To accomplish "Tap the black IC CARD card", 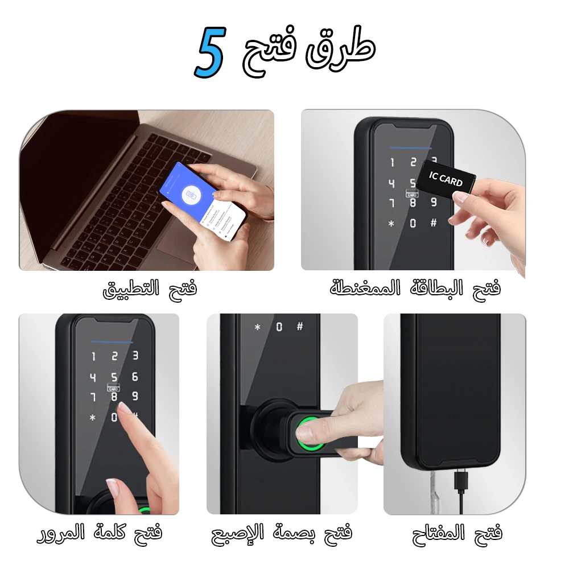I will tap(446, 180).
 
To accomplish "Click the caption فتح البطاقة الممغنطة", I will tap(415, 288).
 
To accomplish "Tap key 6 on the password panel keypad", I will tap(135, 377).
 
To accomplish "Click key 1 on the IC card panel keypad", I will tap(392, 163).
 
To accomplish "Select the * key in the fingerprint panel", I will tap(257, 327).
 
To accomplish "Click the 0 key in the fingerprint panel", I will tap(279, 327).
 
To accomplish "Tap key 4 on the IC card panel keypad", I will tap(391, 183).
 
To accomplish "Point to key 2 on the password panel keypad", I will tap(114, 357).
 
